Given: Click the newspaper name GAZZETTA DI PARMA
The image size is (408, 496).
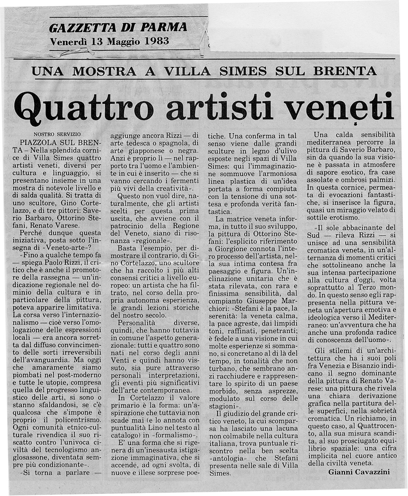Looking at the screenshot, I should pyautogui.click(x=118, y=28).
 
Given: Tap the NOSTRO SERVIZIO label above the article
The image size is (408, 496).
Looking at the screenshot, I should pyautogui.click(x=57, y=134).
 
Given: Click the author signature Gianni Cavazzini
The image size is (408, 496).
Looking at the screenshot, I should pyautogui.click(x=359, y=472).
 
